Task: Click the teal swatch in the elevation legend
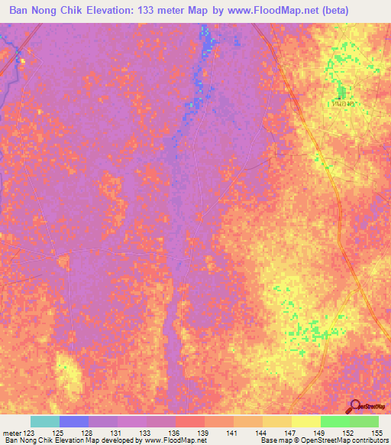pyautogui.click(x=45, y=421)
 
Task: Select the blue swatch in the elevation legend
pyautogui.click(x=74, y=421)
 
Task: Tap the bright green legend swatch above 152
pyautogui.click(x=334, y=421)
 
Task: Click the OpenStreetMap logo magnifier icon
pyautogui.click(x=356, y=408)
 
